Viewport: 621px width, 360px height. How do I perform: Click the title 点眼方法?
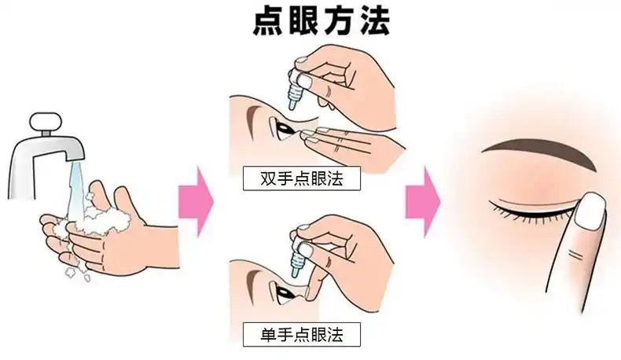point(320,21)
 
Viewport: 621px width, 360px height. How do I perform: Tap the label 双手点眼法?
point(300,178)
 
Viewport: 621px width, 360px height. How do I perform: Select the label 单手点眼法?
point(300,334)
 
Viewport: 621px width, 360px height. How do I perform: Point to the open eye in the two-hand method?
point(281,127)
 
